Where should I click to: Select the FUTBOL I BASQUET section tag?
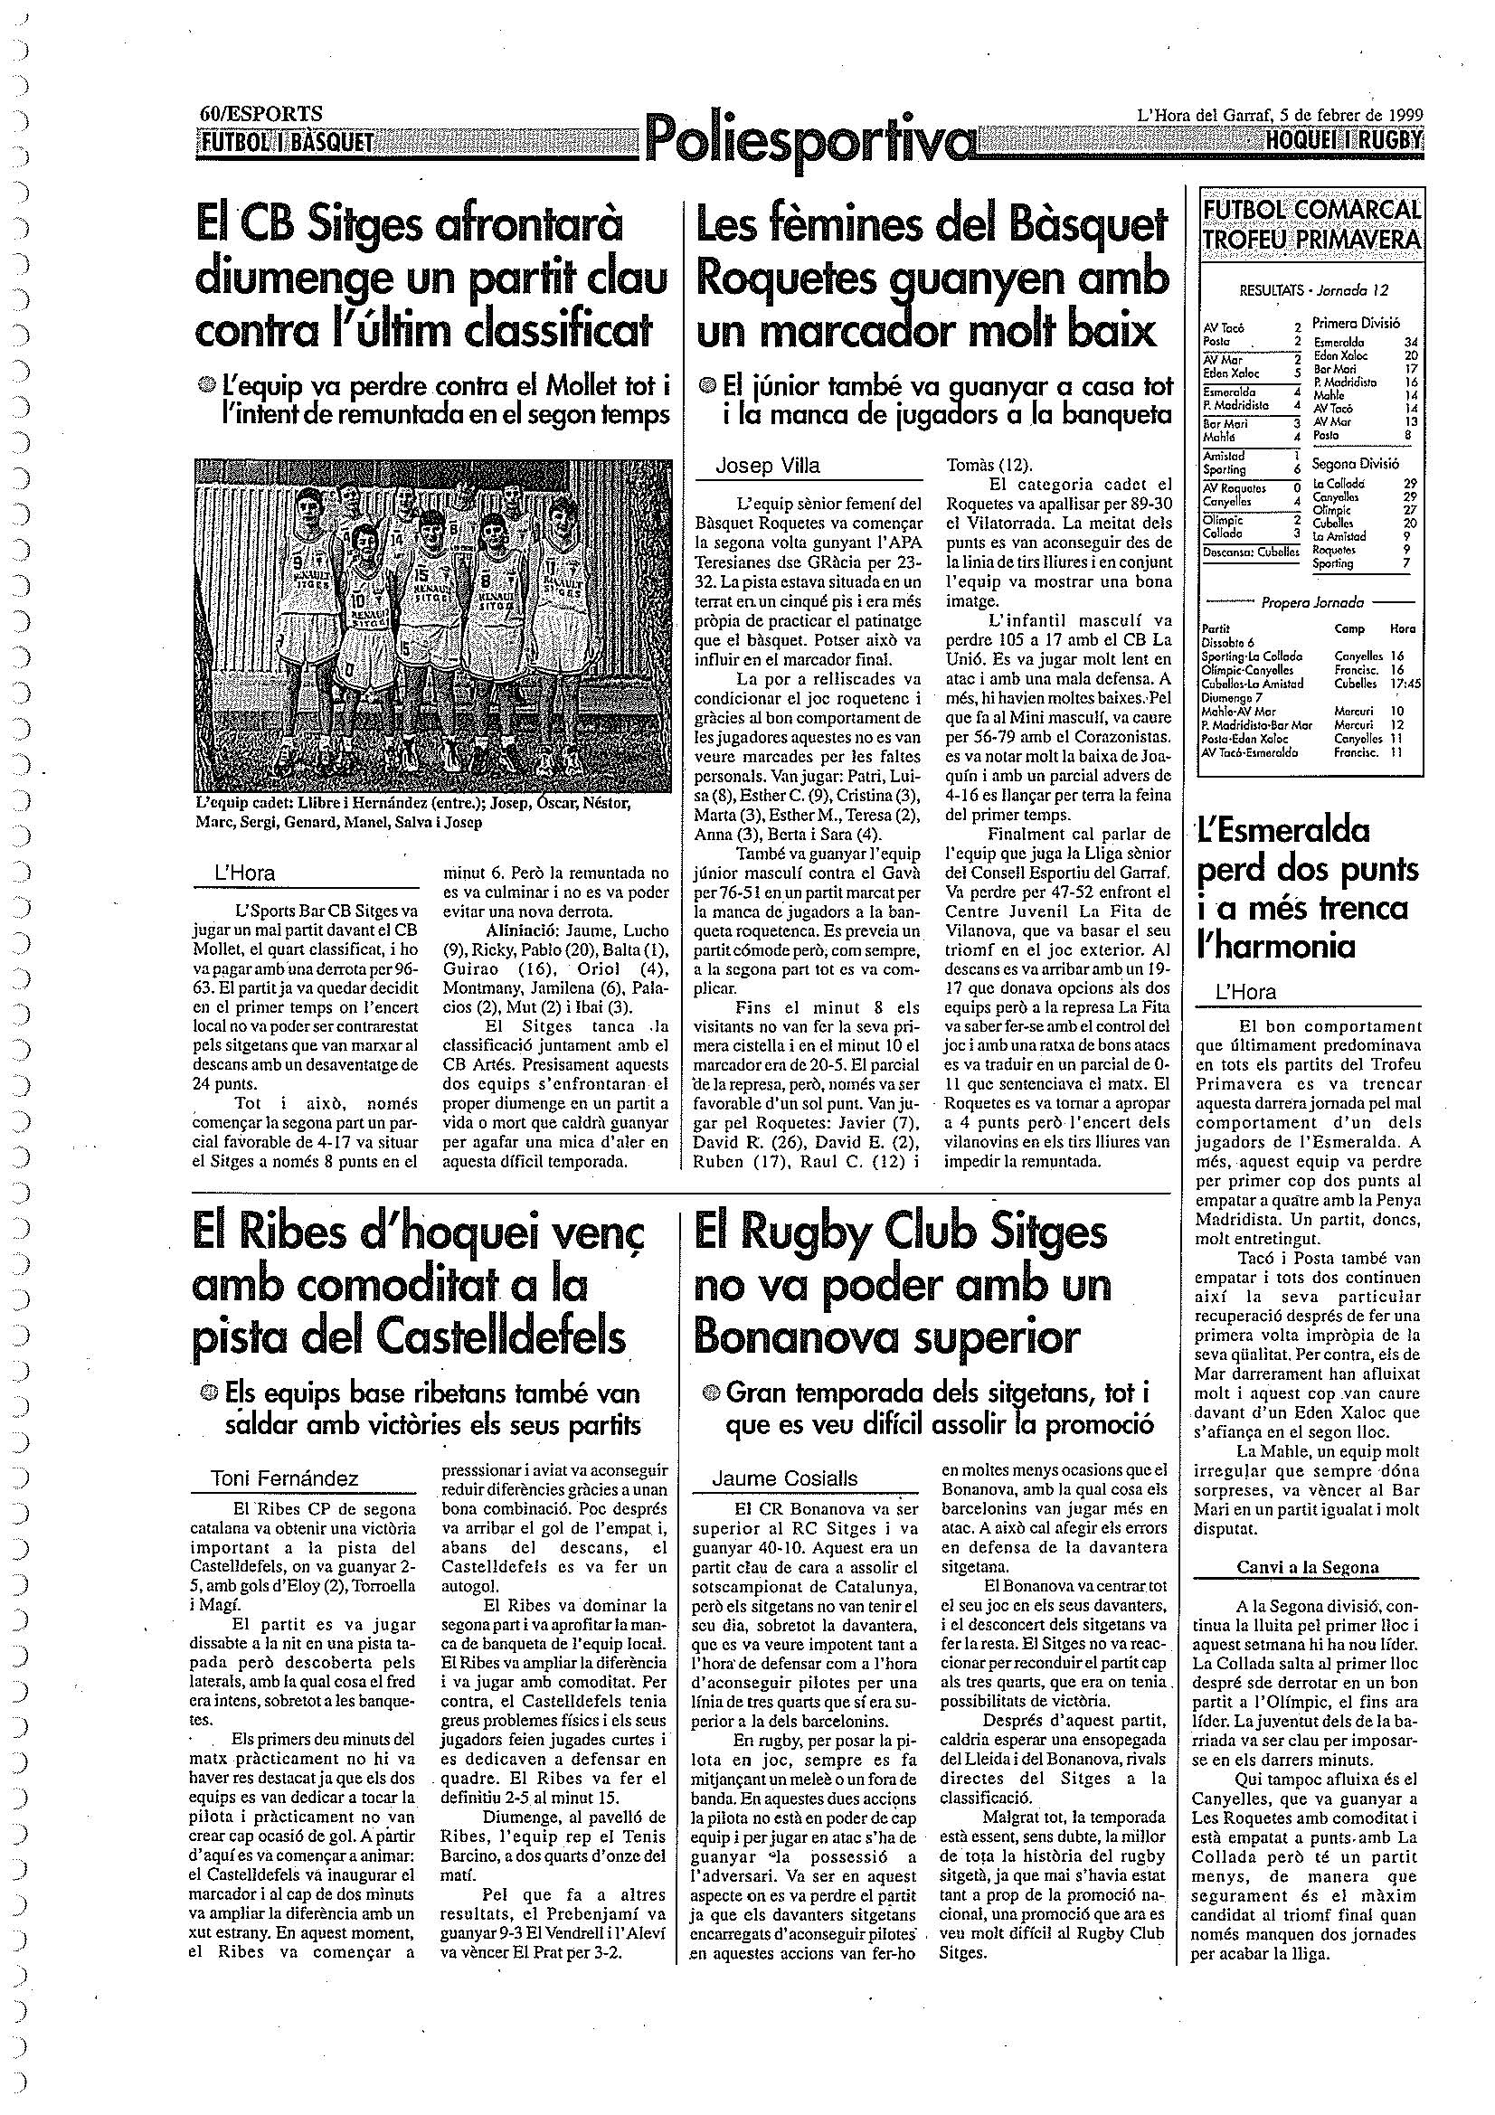tap(287, 142)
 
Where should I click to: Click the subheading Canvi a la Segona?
tap(1307, 1568)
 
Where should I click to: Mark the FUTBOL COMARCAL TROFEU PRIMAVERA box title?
tap(1310, 225)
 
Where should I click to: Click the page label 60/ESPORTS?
tap(260, 114)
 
